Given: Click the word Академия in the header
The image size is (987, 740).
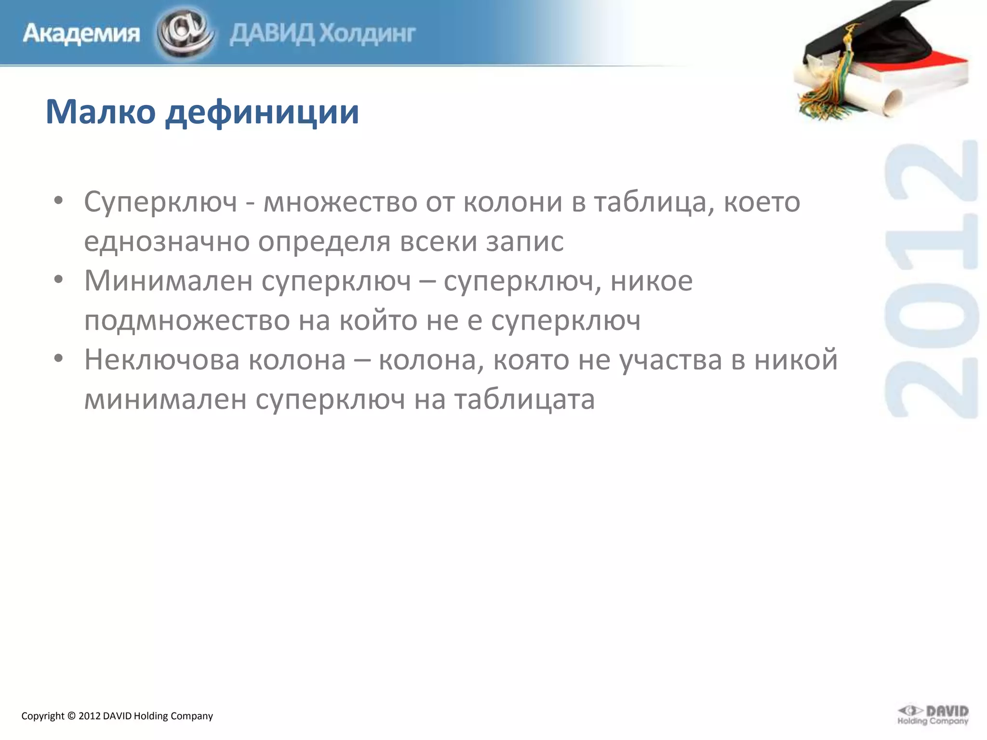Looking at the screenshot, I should point(81,34).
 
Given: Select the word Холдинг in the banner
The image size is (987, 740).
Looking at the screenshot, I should point(368,34).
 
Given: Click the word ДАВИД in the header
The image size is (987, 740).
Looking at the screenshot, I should point(273,34).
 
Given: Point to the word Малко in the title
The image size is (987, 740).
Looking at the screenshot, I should point(100,112).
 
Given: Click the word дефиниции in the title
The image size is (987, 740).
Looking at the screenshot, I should point(262,113).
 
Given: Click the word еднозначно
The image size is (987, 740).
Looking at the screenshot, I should point(167,241).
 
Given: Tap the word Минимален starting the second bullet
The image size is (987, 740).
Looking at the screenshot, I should point(168,280).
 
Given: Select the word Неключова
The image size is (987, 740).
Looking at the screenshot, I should point(167,359).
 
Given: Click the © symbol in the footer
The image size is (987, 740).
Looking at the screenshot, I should point(71,716).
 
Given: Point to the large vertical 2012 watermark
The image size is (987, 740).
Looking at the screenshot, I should point(931,279).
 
